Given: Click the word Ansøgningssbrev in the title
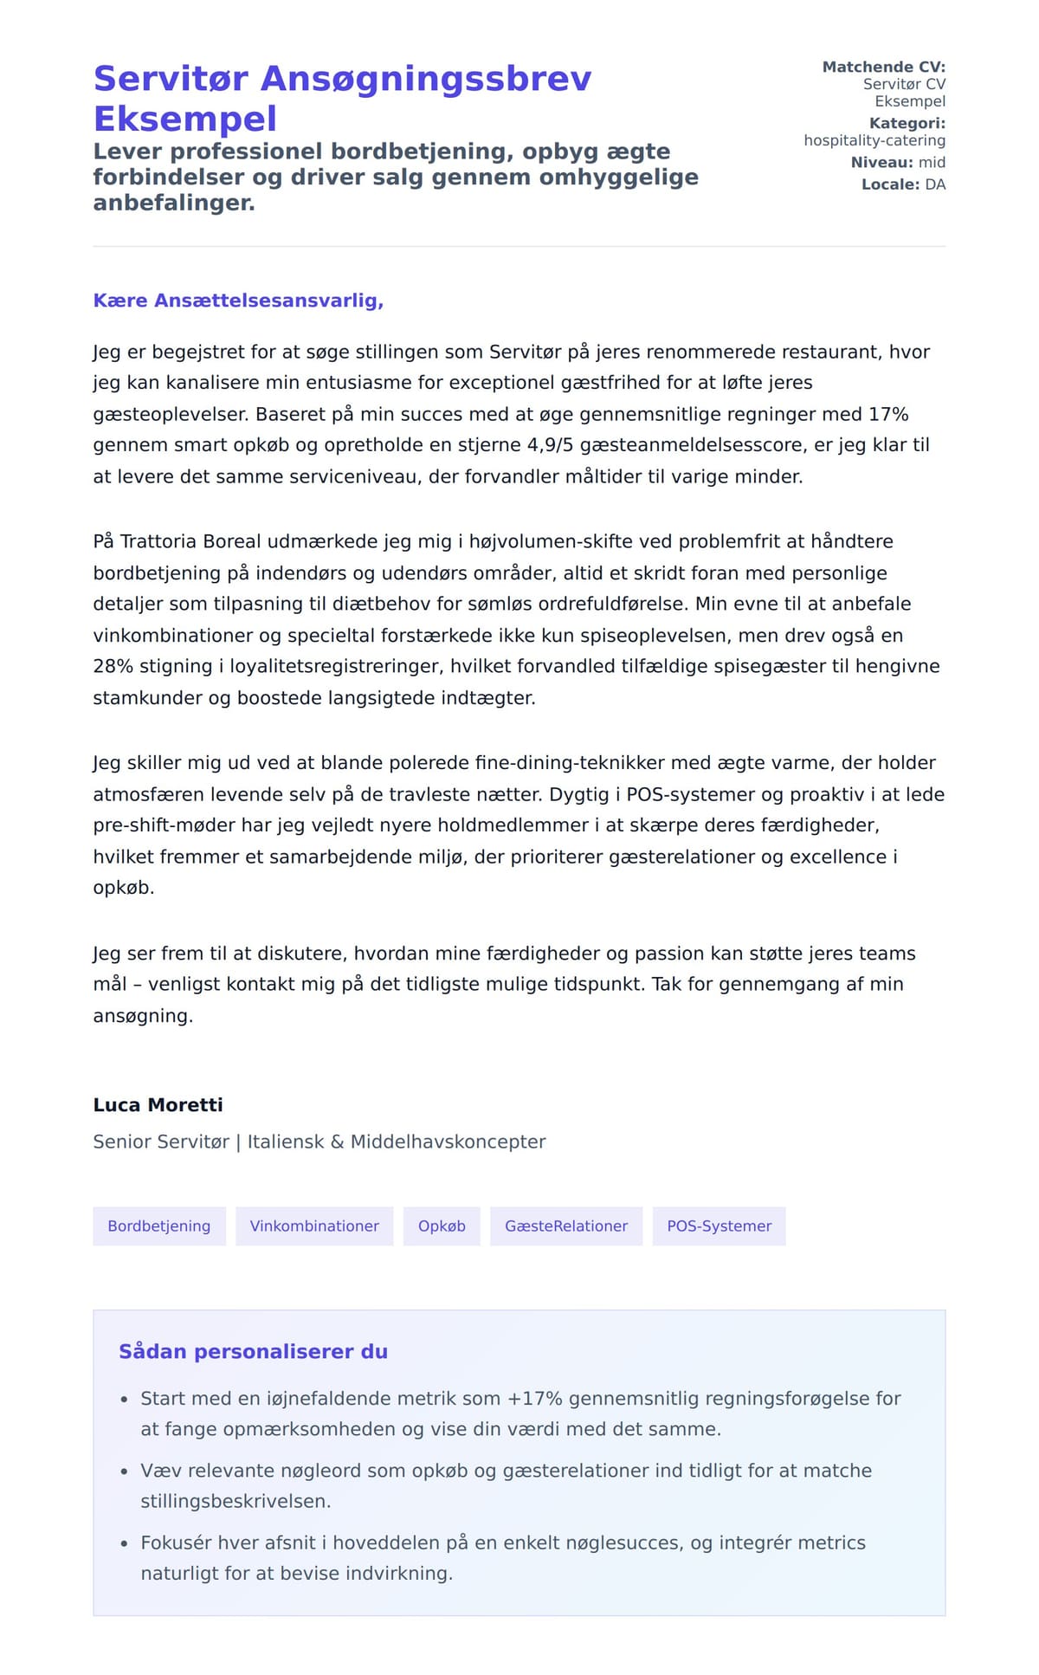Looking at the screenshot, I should point(426,79).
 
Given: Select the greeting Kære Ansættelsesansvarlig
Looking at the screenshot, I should point(238,301).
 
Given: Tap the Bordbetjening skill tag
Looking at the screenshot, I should point(159,1226).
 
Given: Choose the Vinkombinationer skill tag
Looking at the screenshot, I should point(314,1226).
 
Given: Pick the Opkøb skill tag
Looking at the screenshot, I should point(442,1226).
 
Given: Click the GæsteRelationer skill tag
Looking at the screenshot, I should point(566,1226).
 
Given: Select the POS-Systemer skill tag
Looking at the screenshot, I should point(719,1226).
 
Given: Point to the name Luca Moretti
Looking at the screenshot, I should point(158,1105).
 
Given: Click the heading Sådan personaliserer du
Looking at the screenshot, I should point(253,1352).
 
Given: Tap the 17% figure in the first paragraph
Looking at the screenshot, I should point(888,414).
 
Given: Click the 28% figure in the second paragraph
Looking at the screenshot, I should point(110,666).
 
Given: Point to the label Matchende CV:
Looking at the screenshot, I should point(883,67).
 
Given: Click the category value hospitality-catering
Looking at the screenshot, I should point(874,140).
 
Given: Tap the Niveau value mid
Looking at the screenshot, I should point(932,163).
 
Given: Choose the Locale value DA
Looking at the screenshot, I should point(935,184).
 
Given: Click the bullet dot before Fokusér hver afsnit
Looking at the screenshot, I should point(124,1543).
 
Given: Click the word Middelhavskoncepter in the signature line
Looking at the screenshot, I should point(448,1141).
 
